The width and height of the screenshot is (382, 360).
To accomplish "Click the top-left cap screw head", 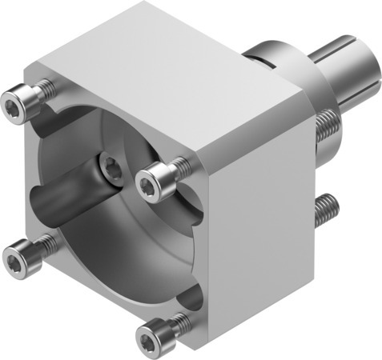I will pyautogui.click(x=14, y=102).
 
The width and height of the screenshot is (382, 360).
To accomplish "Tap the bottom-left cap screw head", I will pyautogui.click(x=16, y=257).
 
